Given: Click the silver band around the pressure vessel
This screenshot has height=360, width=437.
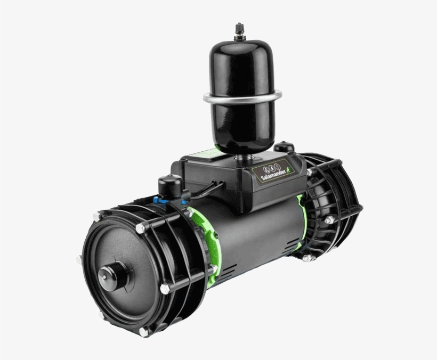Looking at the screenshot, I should pyautogui.click(x=242, y=97).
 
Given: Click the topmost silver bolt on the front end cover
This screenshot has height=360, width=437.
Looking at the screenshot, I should pyautogui.click(x=141, y=227).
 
